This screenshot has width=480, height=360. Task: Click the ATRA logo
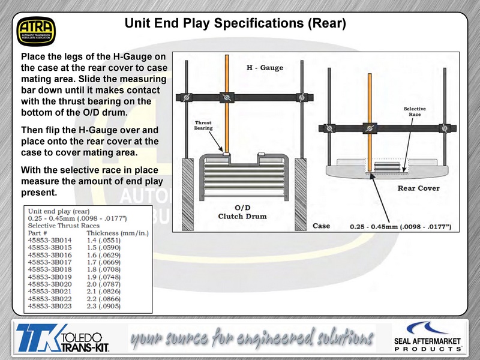pyautogui.click(x=36, y=32)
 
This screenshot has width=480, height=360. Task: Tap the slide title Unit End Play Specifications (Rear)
pyautogui.click(x=235, y=23)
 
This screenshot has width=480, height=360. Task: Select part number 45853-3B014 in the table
pyautogui.click(x=50, y=241)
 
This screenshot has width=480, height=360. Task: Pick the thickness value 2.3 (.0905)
pyautogui.click(x=103, y=306)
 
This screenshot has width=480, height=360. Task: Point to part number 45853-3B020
pyautogui.click(x=50, y=284)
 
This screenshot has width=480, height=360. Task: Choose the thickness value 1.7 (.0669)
pyautogui.click(x=103, y=262)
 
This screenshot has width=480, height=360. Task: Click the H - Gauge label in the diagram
pyautogui.click(x=265, y=68)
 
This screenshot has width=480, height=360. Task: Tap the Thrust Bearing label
pyautogui.click(x=203, y=125)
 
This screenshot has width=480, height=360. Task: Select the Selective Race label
pyautogui.click(x=415, y=112)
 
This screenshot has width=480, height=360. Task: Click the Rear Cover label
pyautogui.click(x=418, y=188)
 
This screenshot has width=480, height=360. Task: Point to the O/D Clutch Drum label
pyautogui.click(x=242, y=212)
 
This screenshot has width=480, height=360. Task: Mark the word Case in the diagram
pyautogui.click(x=321, y=226)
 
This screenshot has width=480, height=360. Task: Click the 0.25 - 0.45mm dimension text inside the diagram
pyautogui.click(x=400, y=227)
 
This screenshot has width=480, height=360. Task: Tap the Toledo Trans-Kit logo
pyautogui.click(x=63, y=338)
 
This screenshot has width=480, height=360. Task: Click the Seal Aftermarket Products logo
pyautogui.click(x=428, y=336)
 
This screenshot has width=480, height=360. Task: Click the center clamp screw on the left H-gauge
pyautogui.click(x=227, y=97)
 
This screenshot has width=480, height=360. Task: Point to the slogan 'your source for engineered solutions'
pyautogui.click(x=252, y=338)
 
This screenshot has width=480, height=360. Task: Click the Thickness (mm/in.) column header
pyautogui.click(x=118, y=233)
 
